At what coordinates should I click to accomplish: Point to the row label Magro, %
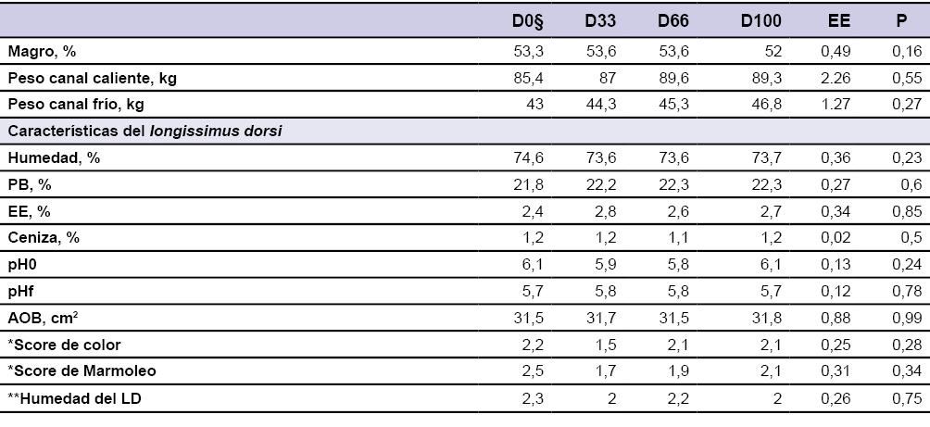coord(42,52)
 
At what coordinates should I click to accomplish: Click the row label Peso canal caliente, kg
coord(92,79)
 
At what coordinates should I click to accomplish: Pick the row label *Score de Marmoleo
coord(70,371)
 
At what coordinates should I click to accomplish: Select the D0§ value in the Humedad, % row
coord(529,158)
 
